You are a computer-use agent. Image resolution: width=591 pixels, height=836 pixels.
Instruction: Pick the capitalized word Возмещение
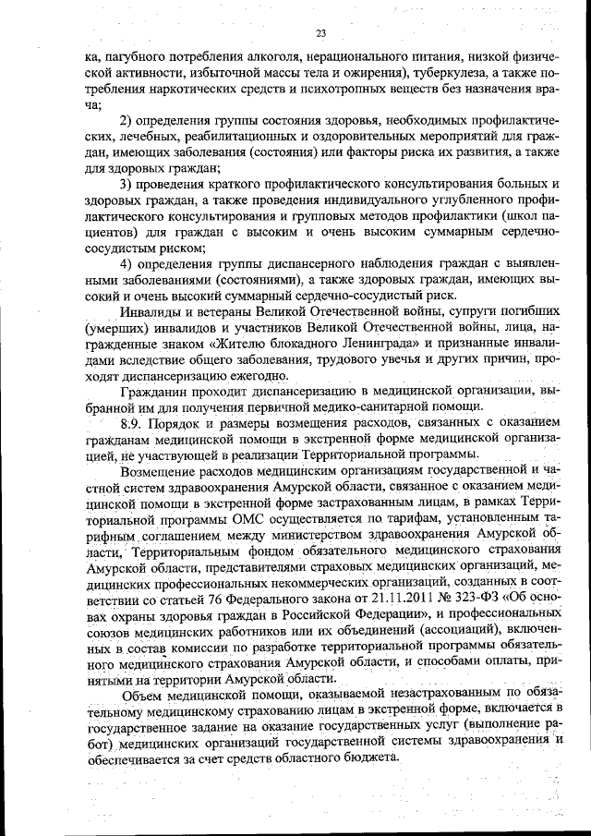pos(162,471)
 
